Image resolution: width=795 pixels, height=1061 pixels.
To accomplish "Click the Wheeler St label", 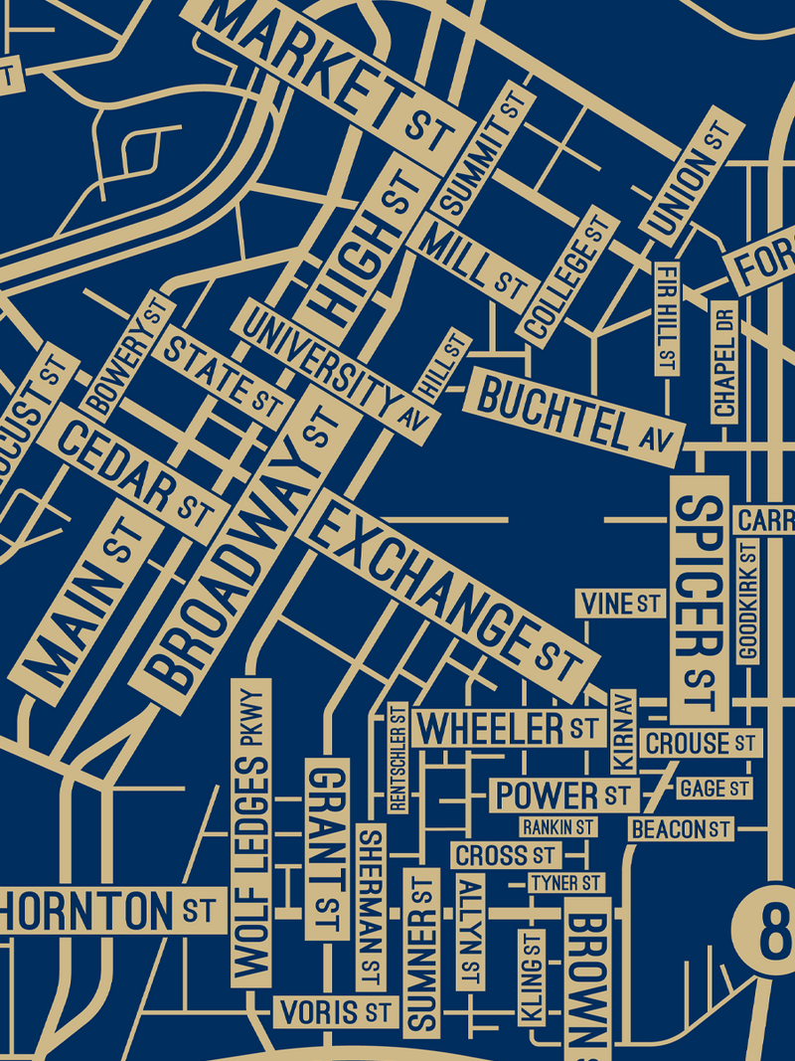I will (x=508, y=728).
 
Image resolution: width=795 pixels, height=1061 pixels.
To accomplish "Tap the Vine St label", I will (x=621, y=603).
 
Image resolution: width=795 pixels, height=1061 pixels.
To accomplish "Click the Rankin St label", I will (x=557, y=826).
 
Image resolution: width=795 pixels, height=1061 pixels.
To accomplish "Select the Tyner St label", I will (x=565, y=883).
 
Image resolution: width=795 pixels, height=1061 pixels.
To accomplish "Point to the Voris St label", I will (x=334, y=1013).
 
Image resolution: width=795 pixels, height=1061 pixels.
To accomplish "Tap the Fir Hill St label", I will (x=666, y=318).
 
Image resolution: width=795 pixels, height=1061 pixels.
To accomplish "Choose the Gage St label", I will (x=714, y=789).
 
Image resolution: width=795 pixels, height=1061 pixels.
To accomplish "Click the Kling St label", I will (x=531, y=977).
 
